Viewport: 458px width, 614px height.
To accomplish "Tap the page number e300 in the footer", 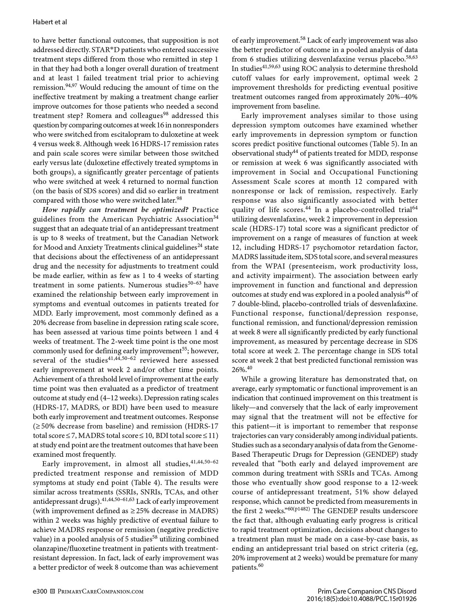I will [x=40, y=591].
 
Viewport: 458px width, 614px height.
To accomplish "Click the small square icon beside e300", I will [x=53, y=591].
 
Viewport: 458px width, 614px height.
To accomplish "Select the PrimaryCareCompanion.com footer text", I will [x=100, y=591].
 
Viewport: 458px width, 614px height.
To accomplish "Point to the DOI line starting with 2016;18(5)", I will [x=362, y=599].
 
